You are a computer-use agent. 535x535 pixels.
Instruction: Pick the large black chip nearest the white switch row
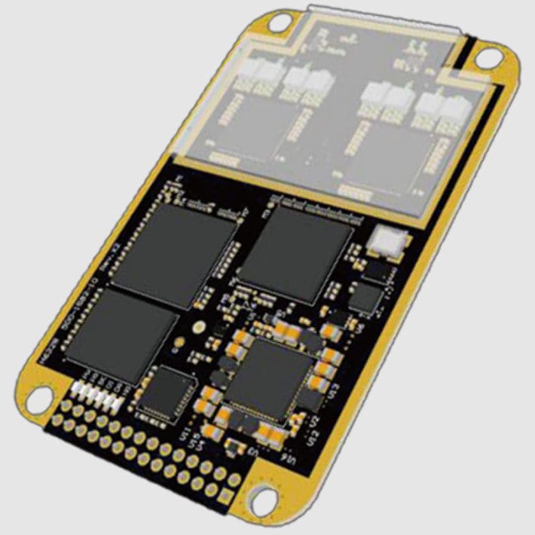(x=125, y=332)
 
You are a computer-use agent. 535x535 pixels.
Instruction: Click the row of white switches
(x=96, y=393)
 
